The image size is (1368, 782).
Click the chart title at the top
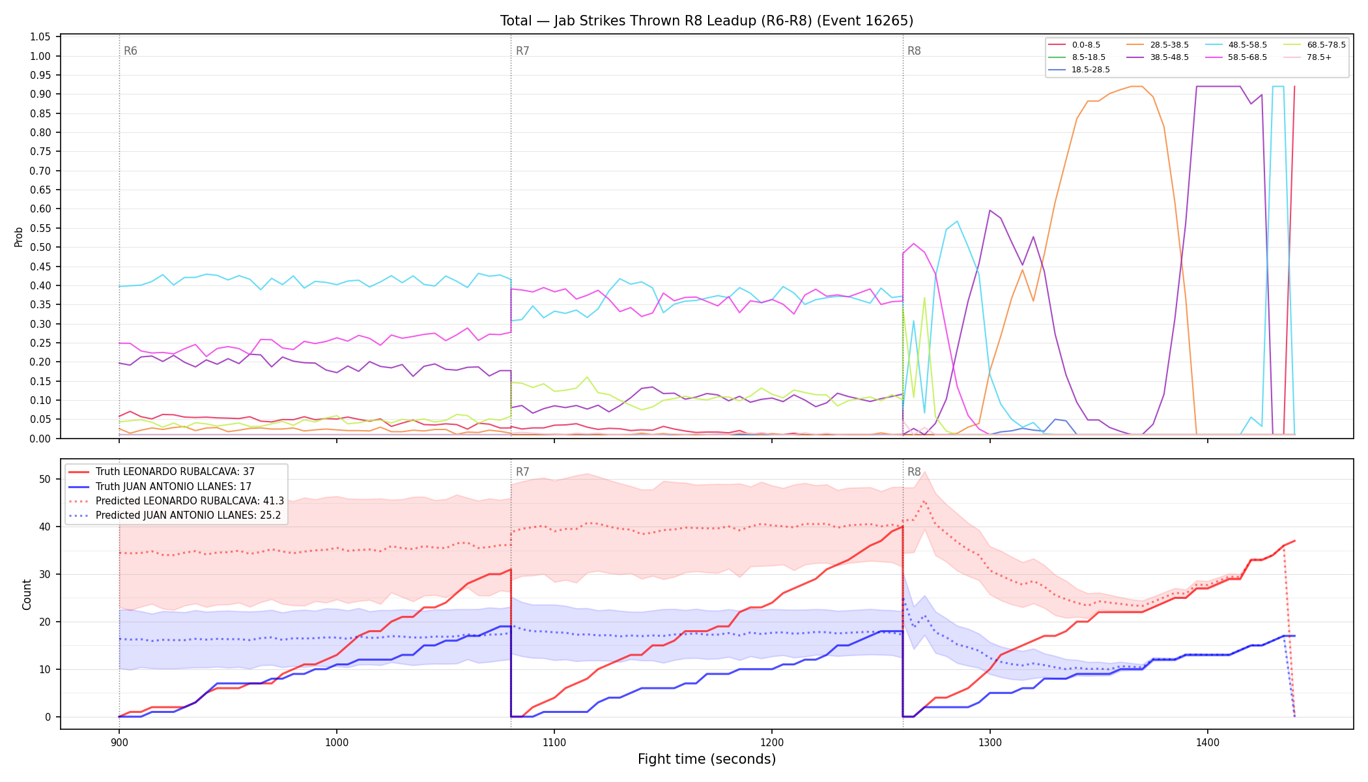[x=707, y=21]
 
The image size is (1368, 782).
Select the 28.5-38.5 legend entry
[x=1160, y=45]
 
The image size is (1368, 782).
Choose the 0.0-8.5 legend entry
[x=1075, y=45]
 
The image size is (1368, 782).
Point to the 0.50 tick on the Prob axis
[x=40, y=247]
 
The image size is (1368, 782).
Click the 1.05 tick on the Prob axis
[x=40, y=37]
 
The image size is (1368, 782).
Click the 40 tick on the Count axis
[x=46, y=527]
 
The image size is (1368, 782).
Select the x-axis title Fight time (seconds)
[x=707, y=759]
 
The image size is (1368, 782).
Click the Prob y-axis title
[x=19, y=237]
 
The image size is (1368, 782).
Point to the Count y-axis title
[x=27, y=594]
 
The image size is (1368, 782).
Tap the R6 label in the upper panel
[x=130, y=51]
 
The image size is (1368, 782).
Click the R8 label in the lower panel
[x=914, y=472]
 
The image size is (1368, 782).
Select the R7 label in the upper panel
[x=522, y=51]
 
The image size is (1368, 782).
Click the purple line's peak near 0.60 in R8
[x=990, y=210]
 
